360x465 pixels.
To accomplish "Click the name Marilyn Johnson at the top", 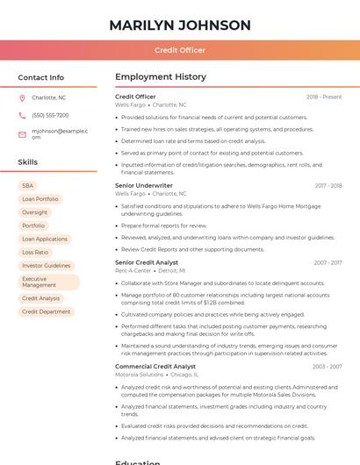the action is tap(180, 25).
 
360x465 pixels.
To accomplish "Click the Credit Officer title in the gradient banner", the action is tap(180, 50).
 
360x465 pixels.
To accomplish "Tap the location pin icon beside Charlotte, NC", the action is tap(22, 97).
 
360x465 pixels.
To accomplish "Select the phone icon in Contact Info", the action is tap(22, 115).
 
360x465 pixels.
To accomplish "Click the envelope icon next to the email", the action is tap(22, 133).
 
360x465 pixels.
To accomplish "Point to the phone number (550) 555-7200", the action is tap(50, 115).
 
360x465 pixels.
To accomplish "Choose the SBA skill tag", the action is tap(27, 186).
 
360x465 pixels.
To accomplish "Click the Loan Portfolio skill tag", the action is tap(40, 199).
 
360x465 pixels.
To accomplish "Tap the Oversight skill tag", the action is tap(35, 212).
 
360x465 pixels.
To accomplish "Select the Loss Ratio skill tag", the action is tap(35, 252).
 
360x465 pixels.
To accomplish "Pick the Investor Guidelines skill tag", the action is tap(47, 265).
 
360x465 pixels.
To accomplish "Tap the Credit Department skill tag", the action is tap(47, 311).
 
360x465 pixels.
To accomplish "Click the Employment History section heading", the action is tap(161, 77).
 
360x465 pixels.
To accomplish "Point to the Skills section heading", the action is tap(28, 162).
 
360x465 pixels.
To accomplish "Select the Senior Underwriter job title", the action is tap(144, 186).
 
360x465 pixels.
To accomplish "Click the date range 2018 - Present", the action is tap(324, 97).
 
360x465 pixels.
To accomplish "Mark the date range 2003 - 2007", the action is tap(327, 366).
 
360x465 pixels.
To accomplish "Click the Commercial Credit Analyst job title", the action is tap(155, 366).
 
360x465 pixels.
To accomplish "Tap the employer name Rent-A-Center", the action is tap(133, 271).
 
